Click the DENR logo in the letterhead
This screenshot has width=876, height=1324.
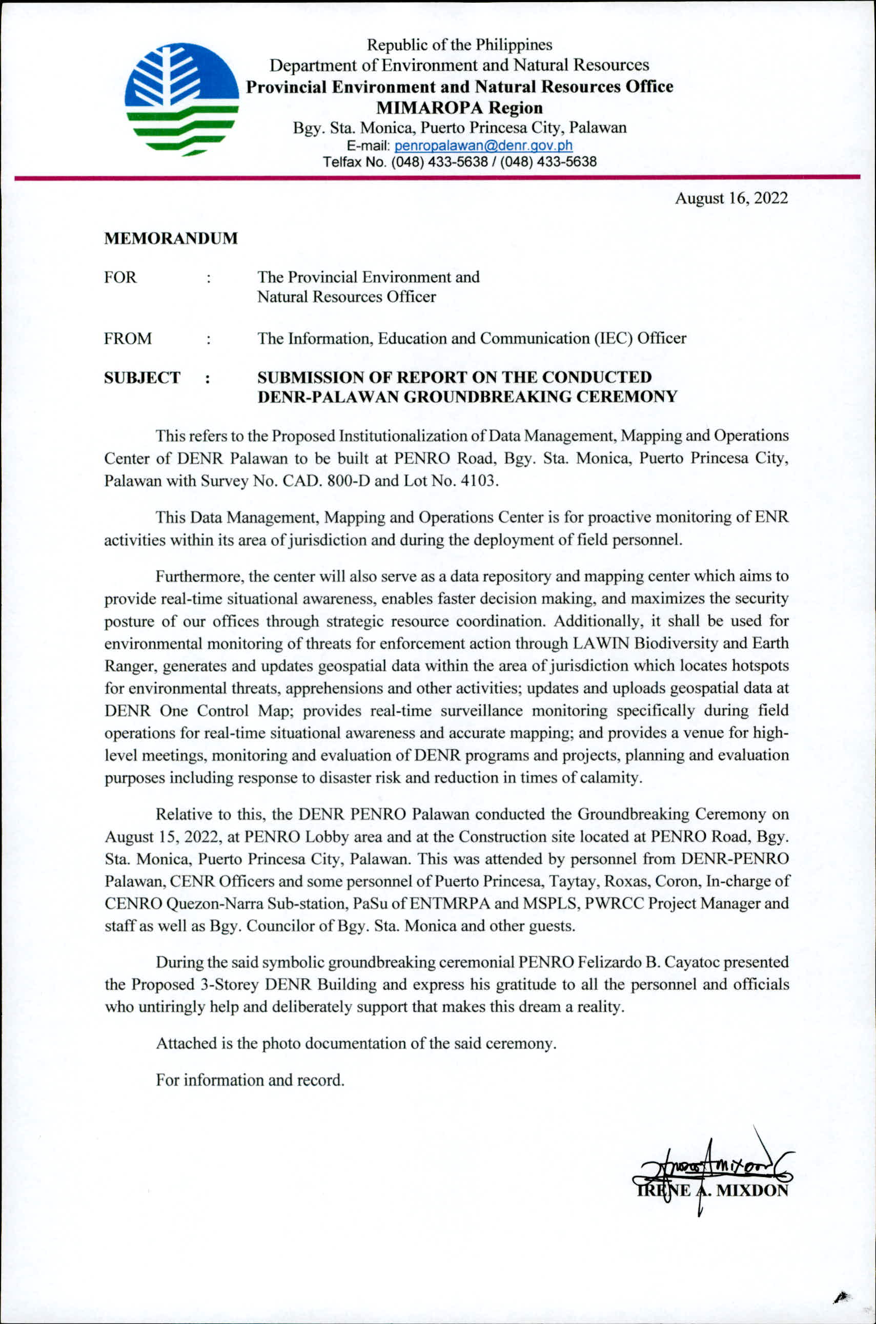181,99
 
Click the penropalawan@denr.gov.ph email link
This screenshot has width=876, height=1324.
483,146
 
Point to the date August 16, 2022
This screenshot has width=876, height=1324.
731,198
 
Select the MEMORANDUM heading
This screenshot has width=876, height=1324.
171,238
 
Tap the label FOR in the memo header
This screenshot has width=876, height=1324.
120,278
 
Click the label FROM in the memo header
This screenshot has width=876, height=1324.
128,339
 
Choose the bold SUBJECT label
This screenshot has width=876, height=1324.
142,378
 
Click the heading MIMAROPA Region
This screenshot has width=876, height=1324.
459,107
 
